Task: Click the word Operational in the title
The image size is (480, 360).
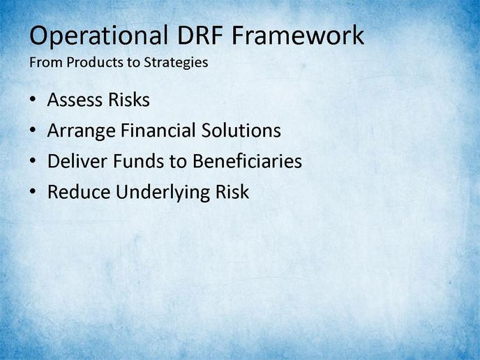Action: [x=99, y=36]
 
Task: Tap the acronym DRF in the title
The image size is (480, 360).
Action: [x=200, y=35]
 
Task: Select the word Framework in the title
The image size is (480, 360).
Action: [x=298, y=35]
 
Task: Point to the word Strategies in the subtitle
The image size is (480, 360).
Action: [x=176, y=63]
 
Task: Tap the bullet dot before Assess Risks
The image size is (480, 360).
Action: [x=33, y=100]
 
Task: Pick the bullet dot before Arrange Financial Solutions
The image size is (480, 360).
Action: [x=33, y=130]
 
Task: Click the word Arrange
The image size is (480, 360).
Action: [x=82, y=132]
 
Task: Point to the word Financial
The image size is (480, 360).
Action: [x=158, y=130]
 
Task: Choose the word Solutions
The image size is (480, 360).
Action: [x=241, y=130]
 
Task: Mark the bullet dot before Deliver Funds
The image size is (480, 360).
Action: [x=33, y=160]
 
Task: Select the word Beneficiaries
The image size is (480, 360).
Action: [x=248, y=160]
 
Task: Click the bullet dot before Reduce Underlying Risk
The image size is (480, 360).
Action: [x=33, y=191]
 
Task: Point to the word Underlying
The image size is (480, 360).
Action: [x=163, y=193]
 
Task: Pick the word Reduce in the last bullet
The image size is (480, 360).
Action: [x=79, y=192]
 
